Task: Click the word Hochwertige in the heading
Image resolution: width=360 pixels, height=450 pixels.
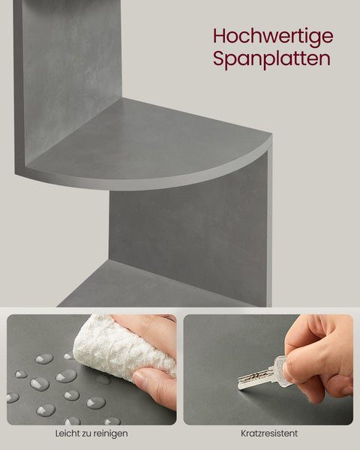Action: click(x=272, y=36)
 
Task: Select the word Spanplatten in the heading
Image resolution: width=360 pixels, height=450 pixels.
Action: click(x=271, y=59)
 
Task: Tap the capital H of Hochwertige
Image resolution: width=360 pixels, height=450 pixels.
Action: click(x=220, y=35)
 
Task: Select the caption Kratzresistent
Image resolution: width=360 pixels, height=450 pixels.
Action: click(x=268, y=433)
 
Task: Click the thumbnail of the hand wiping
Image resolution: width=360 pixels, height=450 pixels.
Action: click(x=91, y=369)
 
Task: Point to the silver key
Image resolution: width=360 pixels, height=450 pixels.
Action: click(x=262, y=375)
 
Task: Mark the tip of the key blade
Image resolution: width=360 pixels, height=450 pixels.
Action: click(x=240, y=386)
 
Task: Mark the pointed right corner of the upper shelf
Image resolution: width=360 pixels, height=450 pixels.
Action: click(x=270, y=139)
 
